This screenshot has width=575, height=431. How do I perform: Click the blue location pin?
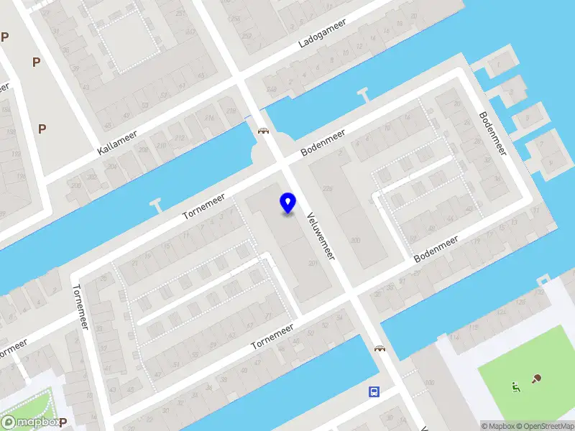(287, 203)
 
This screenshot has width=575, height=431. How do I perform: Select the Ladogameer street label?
(322, 34)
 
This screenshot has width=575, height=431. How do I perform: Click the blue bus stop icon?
(374, 391)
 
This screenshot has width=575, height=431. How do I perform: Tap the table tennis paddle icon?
(536, 379)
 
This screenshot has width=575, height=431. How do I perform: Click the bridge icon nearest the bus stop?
(379, 348)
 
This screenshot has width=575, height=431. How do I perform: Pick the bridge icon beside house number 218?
(263, 130)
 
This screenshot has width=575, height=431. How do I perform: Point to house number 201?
(313, 264)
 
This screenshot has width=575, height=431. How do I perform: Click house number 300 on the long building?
(354, 240)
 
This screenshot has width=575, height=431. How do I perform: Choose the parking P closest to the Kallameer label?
(42, 129)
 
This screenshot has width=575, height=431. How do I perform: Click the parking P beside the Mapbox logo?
(63, 422)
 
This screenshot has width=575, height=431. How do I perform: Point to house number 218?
(231, 111)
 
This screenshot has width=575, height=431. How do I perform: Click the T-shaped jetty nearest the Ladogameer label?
(362, 93)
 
